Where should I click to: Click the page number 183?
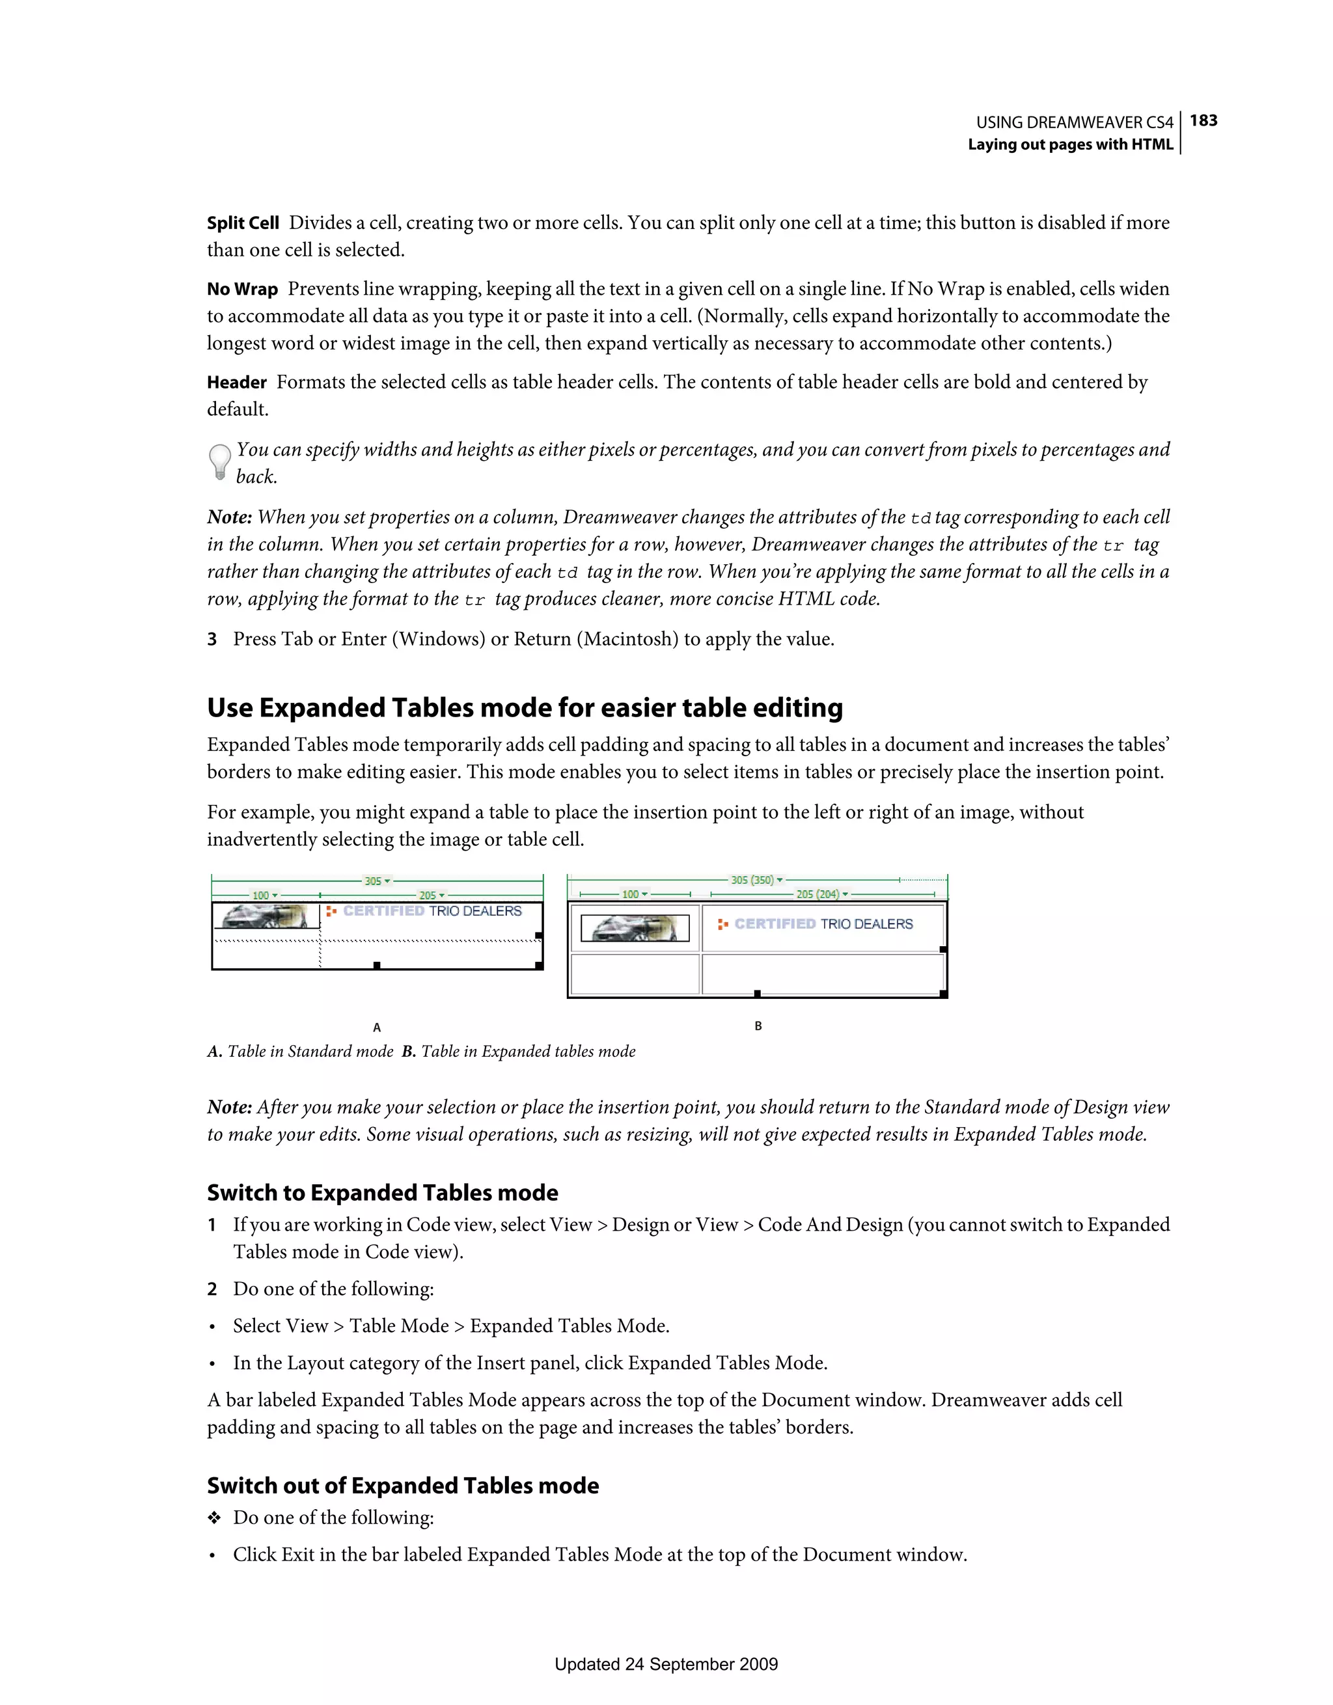pyautogui.click(x=1203, y=120)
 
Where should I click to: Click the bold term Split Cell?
pyautogui.click(x=242, y=223)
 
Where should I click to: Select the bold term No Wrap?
pyautogui.click(x=242, y=290)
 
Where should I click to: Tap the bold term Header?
pyautogui.click(x=237, y=383)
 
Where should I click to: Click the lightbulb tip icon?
pyautogui.click(x=220, y=461)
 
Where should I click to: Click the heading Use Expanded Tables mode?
pyautogui.click(x=524, y=708)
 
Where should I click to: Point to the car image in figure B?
pyautogui.click(x=636, y=928)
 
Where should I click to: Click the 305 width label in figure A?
pyautogui.click(x=374, y=881)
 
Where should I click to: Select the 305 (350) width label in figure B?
pyautogui.click(x=753, y=880)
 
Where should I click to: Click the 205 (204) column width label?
pyautogui.click(x=818, y=895)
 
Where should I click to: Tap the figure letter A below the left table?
pyautogui.click(x=376, y=1028)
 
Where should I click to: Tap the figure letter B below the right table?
pyautogui.click(x=758, y=1026)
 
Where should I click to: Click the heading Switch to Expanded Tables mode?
pyautogui.click(x=382, y=1193)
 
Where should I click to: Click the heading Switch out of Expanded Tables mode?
pyautogui.click(x=402, y=1486)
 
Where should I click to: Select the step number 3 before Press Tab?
pyautogui.click(x=212, y=639)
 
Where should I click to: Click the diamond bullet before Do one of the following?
pyautogui.click(x=214, y=1518)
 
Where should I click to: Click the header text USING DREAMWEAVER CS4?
pyautogui.click(x=1074, y=122)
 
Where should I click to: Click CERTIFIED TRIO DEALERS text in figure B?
pyautogui.click(x=823, y=924)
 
